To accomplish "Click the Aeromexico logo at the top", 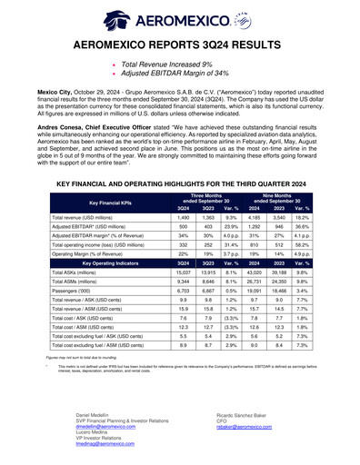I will coord(179,17).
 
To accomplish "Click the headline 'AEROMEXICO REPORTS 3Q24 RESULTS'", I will coord(179,43).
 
